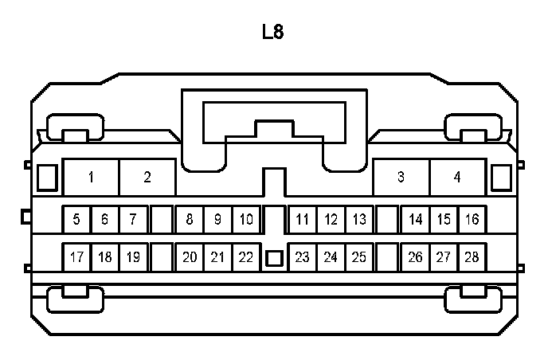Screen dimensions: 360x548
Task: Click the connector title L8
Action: [x=272, y=33]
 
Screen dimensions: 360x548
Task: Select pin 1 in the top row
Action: [x=92, y=177]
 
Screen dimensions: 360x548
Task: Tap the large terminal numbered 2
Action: [x=147, y=177]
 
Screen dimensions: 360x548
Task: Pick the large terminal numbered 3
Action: [x=401, y=177]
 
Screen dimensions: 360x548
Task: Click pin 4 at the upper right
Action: [x=457, y=177]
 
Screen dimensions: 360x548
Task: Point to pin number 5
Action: [x=76, y=219]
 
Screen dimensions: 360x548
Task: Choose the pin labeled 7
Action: [x=133, y=219]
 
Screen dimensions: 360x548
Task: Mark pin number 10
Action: [x=246, y=219]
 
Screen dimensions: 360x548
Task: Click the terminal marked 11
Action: [x=303, y=219]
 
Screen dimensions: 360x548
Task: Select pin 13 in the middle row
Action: [x=359, y=219]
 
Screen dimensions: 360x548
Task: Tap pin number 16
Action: [x=472, y=219]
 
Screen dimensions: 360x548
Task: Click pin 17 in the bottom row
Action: [x=76, y=257]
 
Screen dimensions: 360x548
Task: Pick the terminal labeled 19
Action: [x=133, y=257]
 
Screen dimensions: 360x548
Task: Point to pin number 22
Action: [x=246, y=257]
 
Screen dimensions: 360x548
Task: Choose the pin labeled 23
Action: [x=303, y=257]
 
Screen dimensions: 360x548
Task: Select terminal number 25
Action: [x=359, y=257]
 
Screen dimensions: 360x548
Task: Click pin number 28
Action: [x=472, y=257]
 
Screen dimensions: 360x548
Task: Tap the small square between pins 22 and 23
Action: [x=274, y=258]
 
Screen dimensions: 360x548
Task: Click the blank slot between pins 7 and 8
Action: [x=162, y=219]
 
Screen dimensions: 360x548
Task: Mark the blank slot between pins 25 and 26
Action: [x=388, y=257]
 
